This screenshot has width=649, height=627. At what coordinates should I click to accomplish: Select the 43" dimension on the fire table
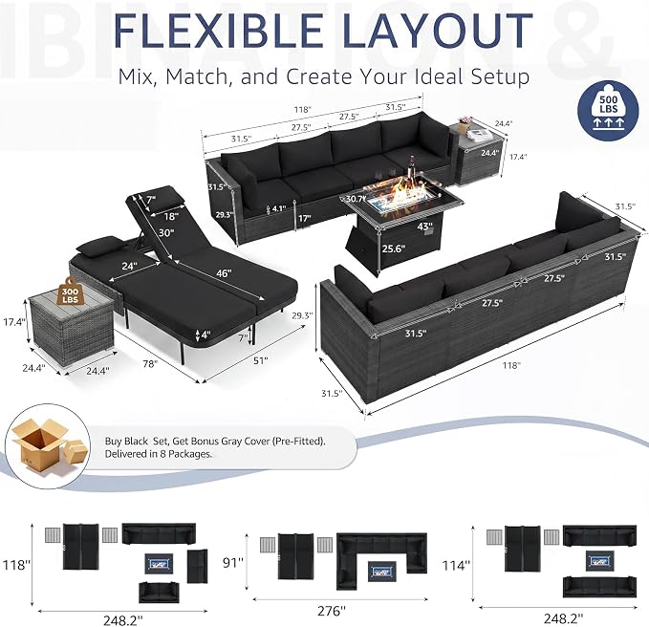tap(425, 227)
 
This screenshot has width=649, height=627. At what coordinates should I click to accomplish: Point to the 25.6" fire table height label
tap(393, 249)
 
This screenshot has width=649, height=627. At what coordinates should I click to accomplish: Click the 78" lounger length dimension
tap(150, 363)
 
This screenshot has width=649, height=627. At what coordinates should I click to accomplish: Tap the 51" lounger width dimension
tap(260, 360)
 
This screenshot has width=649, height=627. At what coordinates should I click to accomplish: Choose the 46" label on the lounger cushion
tap(224, 272)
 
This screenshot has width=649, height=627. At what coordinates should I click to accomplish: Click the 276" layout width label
tap(331, 611)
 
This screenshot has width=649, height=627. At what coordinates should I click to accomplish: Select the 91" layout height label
tap(232, 562)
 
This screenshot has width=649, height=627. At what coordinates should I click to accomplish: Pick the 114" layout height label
tap(456, 565)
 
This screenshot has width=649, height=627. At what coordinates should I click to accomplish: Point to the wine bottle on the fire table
tap(412, 170)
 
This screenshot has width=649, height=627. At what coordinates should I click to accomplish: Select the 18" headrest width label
tap(170, 216)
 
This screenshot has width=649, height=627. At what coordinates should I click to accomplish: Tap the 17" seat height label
tap(304, 218)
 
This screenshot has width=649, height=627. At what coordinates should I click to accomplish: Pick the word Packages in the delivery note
tap(192, 454)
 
